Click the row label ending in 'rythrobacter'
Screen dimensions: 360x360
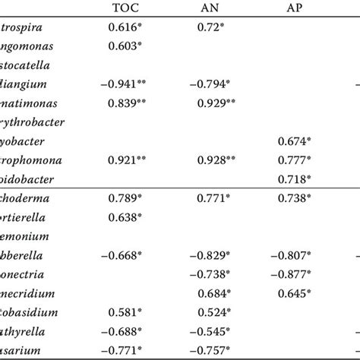35,121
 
